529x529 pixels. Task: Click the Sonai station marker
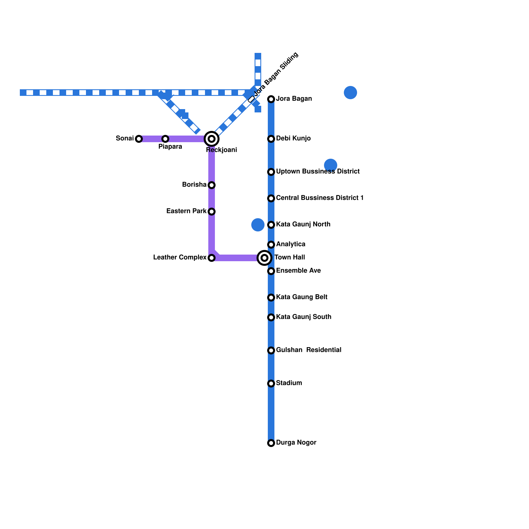(x=139, y=139)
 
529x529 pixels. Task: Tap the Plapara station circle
(x=165, y=139)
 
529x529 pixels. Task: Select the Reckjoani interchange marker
(x=212, y=139)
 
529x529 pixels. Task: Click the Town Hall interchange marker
(x=264, y=258)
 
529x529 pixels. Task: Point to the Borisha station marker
(x=212, y=185)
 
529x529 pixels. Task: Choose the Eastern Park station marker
(x=212, y=212)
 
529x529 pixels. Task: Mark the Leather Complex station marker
(x=212, y=258)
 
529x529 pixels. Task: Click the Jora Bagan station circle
(x=271, y=99)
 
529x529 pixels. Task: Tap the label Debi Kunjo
(x=293, y=139)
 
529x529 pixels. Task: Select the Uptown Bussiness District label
(x=318, y=172)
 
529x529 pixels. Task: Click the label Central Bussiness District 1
(x=320, y=198)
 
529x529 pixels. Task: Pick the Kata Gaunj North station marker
(x=271, y=225)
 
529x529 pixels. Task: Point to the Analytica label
(x=291, y=244)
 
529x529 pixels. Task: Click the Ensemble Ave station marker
(x=271, y=271)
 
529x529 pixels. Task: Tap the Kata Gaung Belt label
(x=302, y=297)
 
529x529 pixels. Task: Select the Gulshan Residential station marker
(x=271, y=350)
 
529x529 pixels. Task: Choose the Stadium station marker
(x=271, y=384)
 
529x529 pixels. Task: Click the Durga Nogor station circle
(x=271, y=443)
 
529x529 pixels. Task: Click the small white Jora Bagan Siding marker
(x=251, y=99)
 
